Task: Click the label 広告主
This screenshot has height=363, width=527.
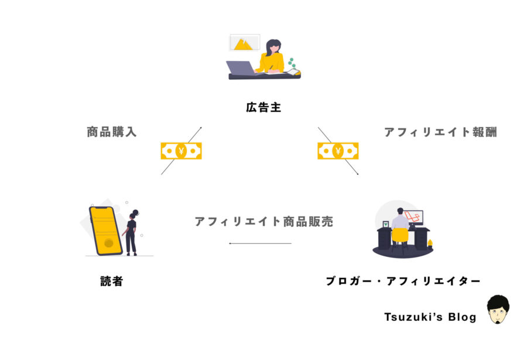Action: pos(263,108)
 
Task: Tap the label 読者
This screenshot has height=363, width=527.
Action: pos(111,281)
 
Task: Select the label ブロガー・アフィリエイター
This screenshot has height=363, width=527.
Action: pos(403,281)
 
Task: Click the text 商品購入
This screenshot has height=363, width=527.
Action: pos(111,132)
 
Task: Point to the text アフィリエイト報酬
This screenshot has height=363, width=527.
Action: pos(440,132)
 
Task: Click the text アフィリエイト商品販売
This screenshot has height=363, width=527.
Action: pos(263,222)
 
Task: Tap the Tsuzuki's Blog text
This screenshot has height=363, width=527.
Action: pos(430,317)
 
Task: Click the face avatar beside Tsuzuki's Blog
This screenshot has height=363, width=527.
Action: pos(498,310)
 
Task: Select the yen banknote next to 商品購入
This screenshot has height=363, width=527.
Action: pos(181,151)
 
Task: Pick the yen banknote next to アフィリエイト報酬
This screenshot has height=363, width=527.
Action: pos(338,151)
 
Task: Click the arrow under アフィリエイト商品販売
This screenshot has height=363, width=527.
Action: pos(260,243)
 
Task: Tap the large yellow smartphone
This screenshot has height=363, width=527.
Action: pos(105,230)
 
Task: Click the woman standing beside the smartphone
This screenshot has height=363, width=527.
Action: pos(132,232)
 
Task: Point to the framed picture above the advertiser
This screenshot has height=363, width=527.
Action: pos(244,43)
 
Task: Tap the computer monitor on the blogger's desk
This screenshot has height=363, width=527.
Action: pos(414,218)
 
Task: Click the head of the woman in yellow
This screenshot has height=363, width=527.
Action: pos(273,46)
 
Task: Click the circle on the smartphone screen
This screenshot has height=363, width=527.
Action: pos(108,243)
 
